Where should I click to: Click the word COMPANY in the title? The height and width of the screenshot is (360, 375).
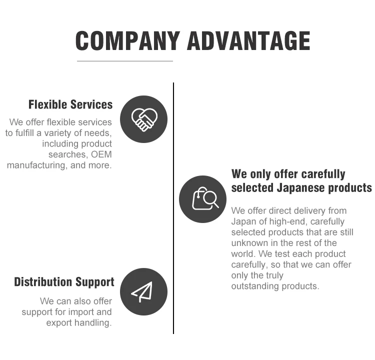pos(127,40)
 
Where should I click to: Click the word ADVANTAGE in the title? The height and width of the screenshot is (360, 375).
pos(248,40)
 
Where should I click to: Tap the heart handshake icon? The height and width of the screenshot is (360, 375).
pos(144,119)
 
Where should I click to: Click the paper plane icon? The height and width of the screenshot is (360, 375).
pos(144,291)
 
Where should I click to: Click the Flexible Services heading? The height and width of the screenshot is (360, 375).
pos(70,104)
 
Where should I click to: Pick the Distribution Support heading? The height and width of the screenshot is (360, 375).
pos(64,282)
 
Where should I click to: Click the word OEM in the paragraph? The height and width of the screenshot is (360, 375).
pos(101,154)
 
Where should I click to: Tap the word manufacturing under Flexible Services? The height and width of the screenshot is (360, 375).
pos(37,165)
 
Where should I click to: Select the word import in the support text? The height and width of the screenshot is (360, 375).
pos(82,312)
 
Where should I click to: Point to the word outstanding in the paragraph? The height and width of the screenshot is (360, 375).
pos(255,286)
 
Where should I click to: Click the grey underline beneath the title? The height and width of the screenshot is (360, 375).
pos(124,61)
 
